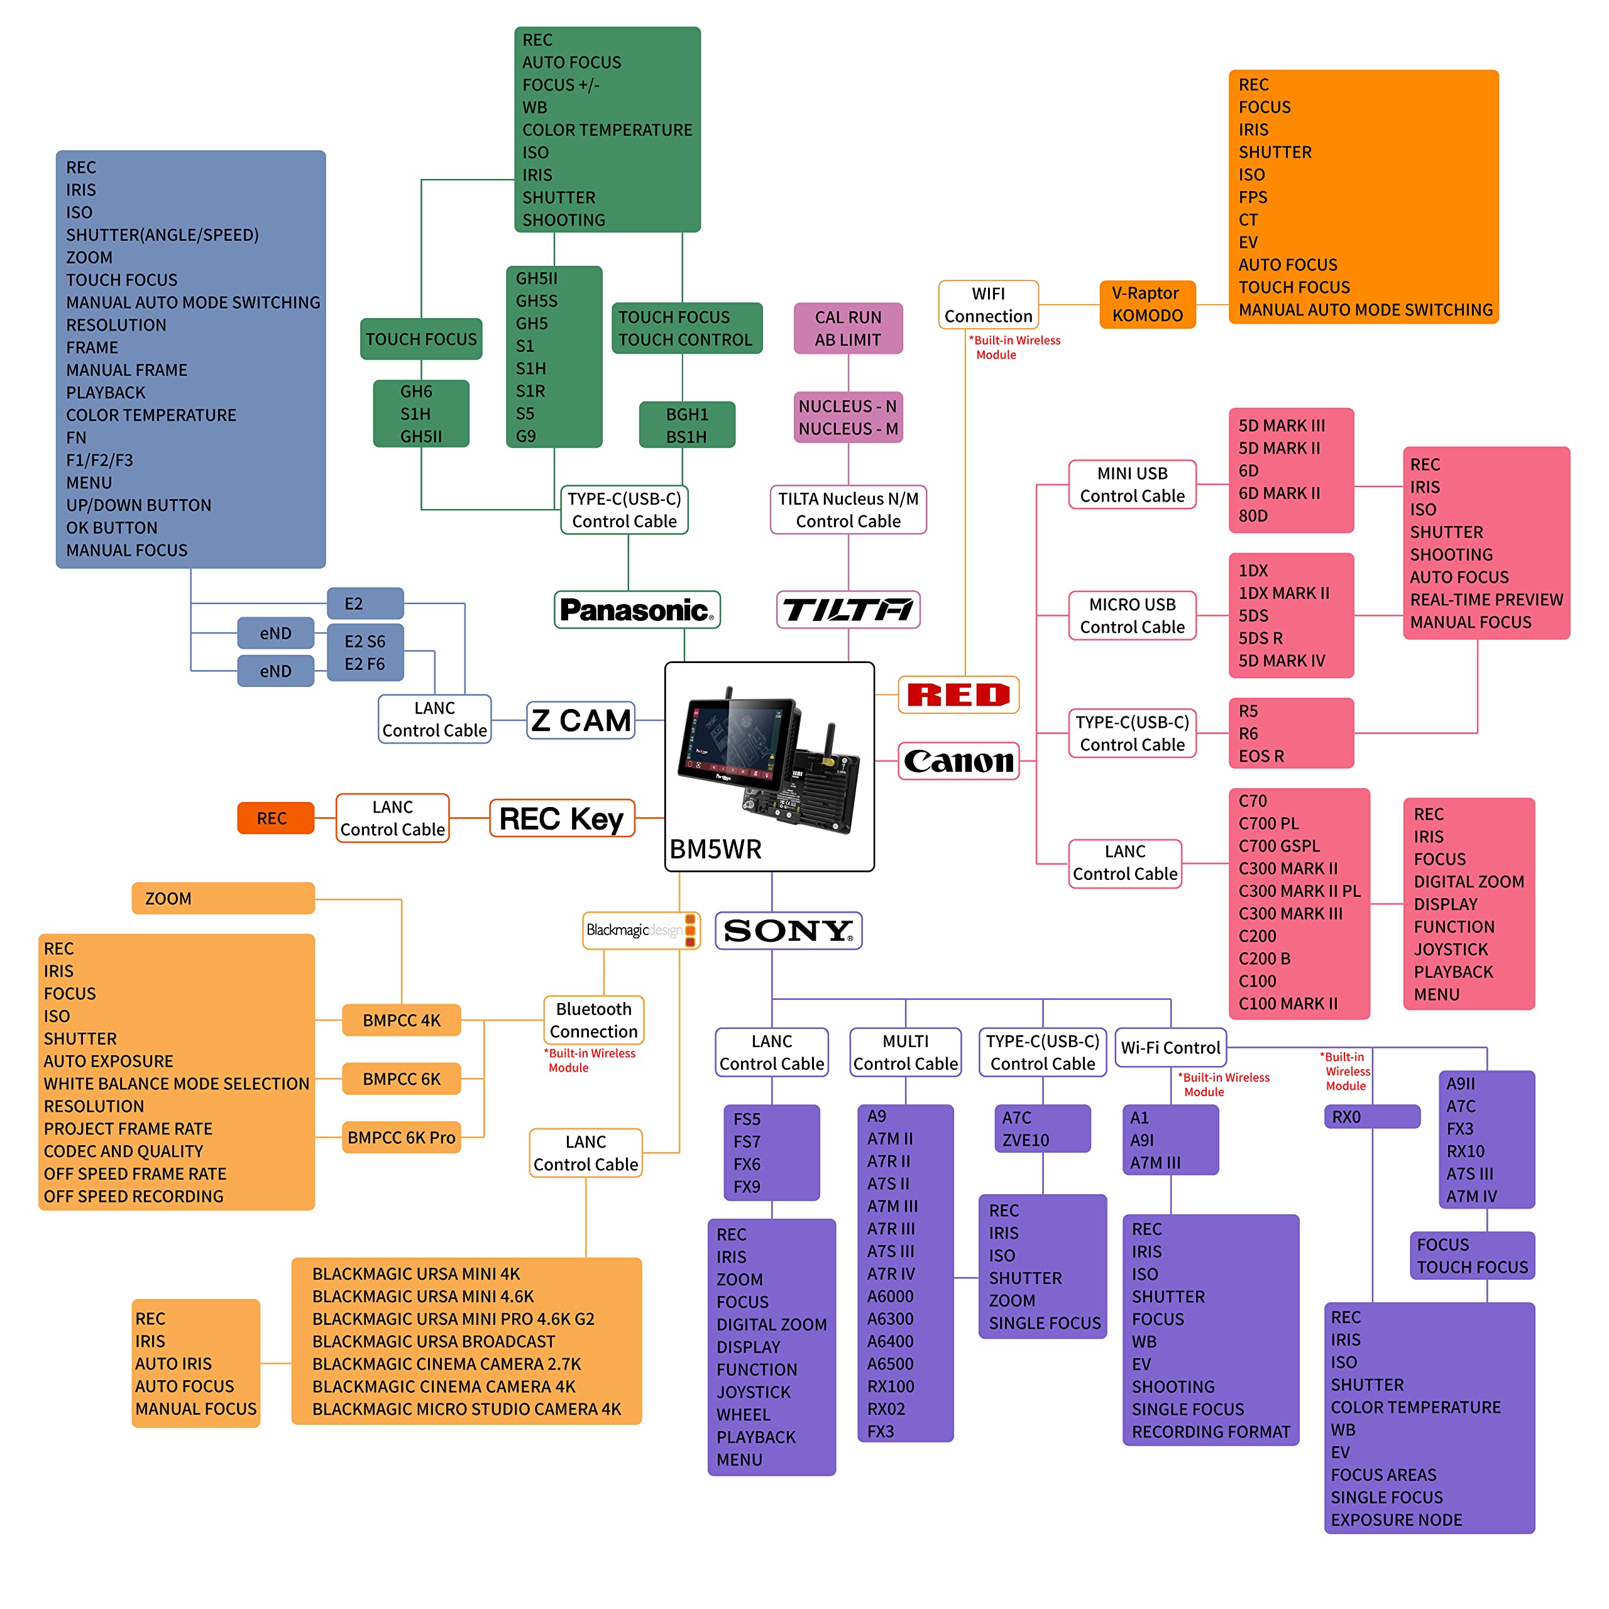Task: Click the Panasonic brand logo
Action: (x=636, y=610)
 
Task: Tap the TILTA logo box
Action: (x=848, y=610)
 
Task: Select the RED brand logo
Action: (x=958, y=695)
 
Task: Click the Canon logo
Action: (x=958, y=761)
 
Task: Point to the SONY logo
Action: (x=788, y=930)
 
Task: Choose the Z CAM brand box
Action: (x=581, y=720)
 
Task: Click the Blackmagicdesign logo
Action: (x=640, y=930)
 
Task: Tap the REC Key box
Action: (x=561, y=819)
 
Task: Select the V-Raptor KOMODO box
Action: (x=1147, y=304)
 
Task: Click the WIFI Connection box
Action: (x=988, y=305)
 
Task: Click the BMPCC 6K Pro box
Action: (x=402, y=1137)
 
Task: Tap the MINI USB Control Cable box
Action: (x=1132, y=485)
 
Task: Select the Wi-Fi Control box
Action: (x=1170, y=1048)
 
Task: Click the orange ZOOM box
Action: (x=223, y=899)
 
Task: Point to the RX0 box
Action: (x=1371, y=1117)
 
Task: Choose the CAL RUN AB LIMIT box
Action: (x=848, y=328)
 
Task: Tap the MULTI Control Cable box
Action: (x=905, y=1053)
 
